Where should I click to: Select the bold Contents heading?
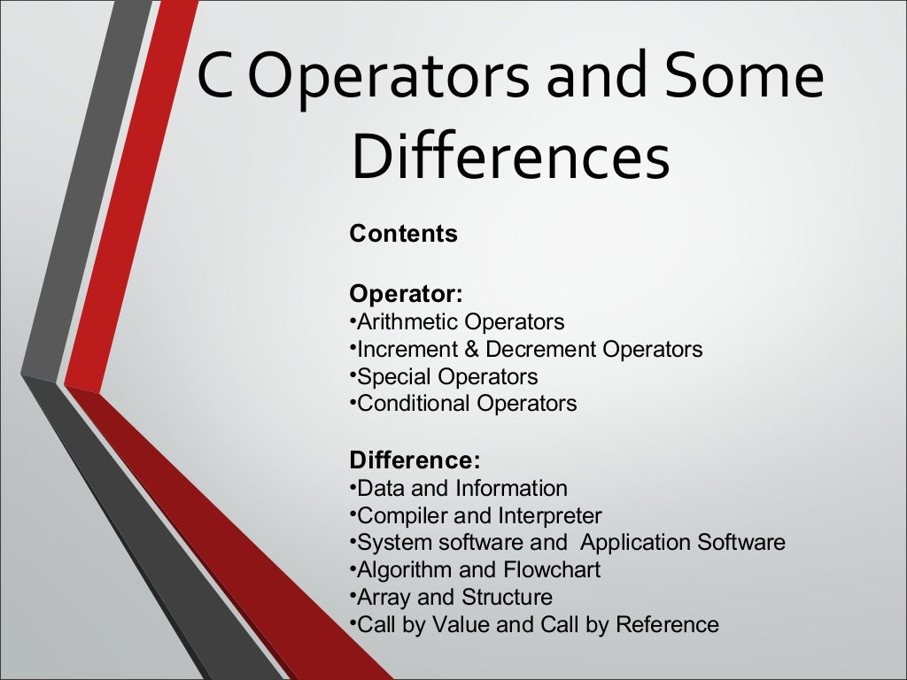coord(403,235)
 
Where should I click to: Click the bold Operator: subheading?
coord(406,293)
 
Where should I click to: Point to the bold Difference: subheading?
coord(415,460)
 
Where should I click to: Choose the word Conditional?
coord(414,405)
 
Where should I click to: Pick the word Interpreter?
coord(549,516)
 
